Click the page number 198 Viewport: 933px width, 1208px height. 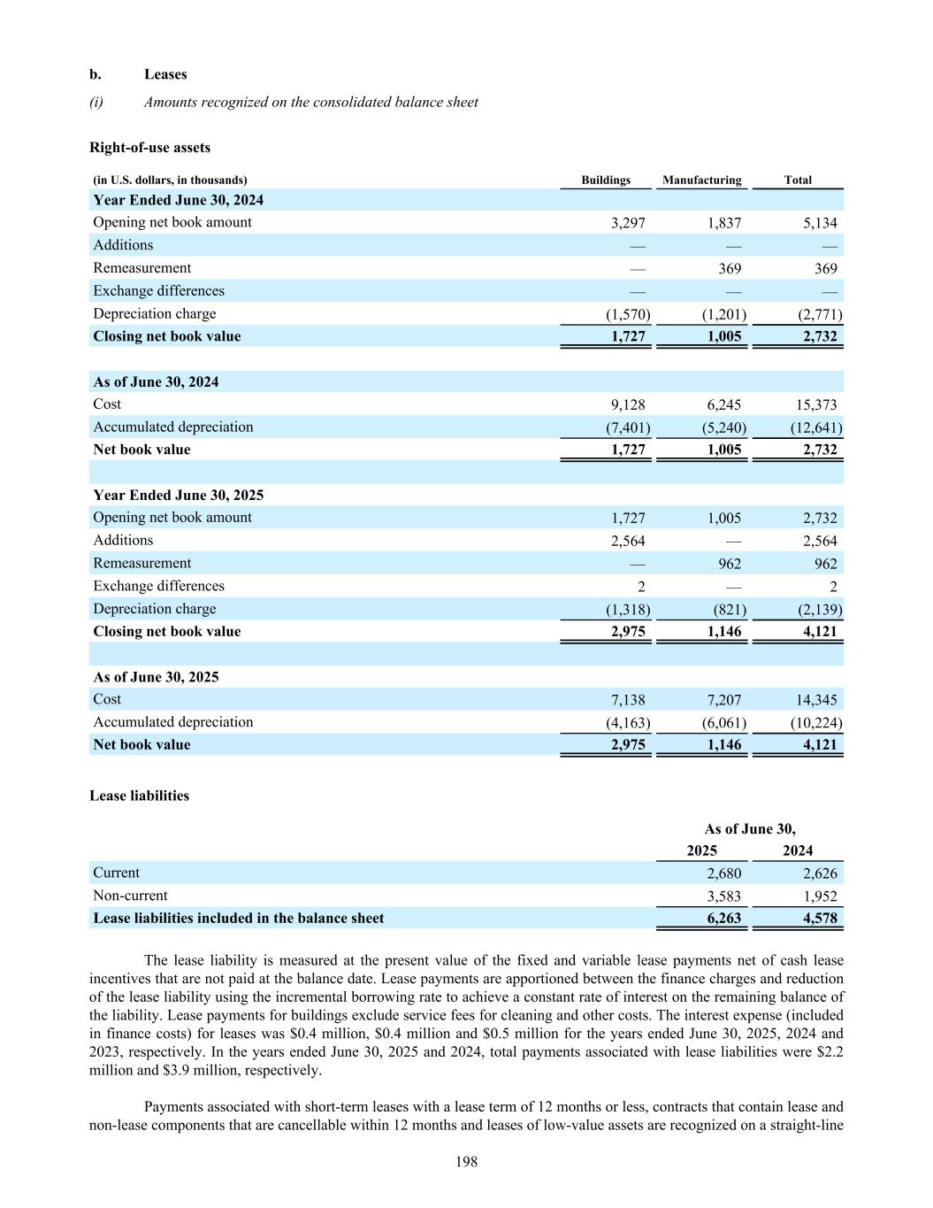coord(466,1162)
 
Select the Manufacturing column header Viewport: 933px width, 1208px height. coord(701,180)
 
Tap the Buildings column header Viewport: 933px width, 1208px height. coord(606,180)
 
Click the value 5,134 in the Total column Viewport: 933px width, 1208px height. coord(820,223)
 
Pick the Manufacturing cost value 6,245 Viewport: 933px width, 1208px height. coord(724,404)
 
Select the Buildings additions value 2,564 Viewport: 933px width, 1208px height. coord(628,541)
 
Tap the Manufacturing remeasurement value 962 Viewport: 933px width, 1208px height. coord(729,564)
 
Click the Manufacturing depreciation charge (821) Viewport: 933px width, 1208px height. coord(729,610)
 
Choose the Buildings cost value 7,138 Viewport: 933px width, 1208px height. coord(628,700)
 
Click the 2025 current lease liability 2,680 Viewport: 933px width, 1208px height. coord(723,873)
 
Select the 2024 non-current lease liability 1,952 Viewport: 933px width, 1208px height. coord(820,896)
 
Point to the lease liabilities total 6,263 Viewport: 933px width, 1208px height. coord(723,919)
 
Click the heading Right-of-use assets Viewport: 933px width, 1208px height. coord(149,148)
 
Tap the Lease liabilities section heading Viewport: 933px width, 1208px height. coord(139,796)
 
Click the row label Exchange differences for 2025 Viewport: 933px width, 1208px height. coord(158,586)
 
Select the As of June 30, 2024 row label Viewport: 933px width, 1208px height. coord(156,382)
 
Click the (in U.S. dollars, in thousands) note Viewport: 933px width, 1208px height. coord(170,180)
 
